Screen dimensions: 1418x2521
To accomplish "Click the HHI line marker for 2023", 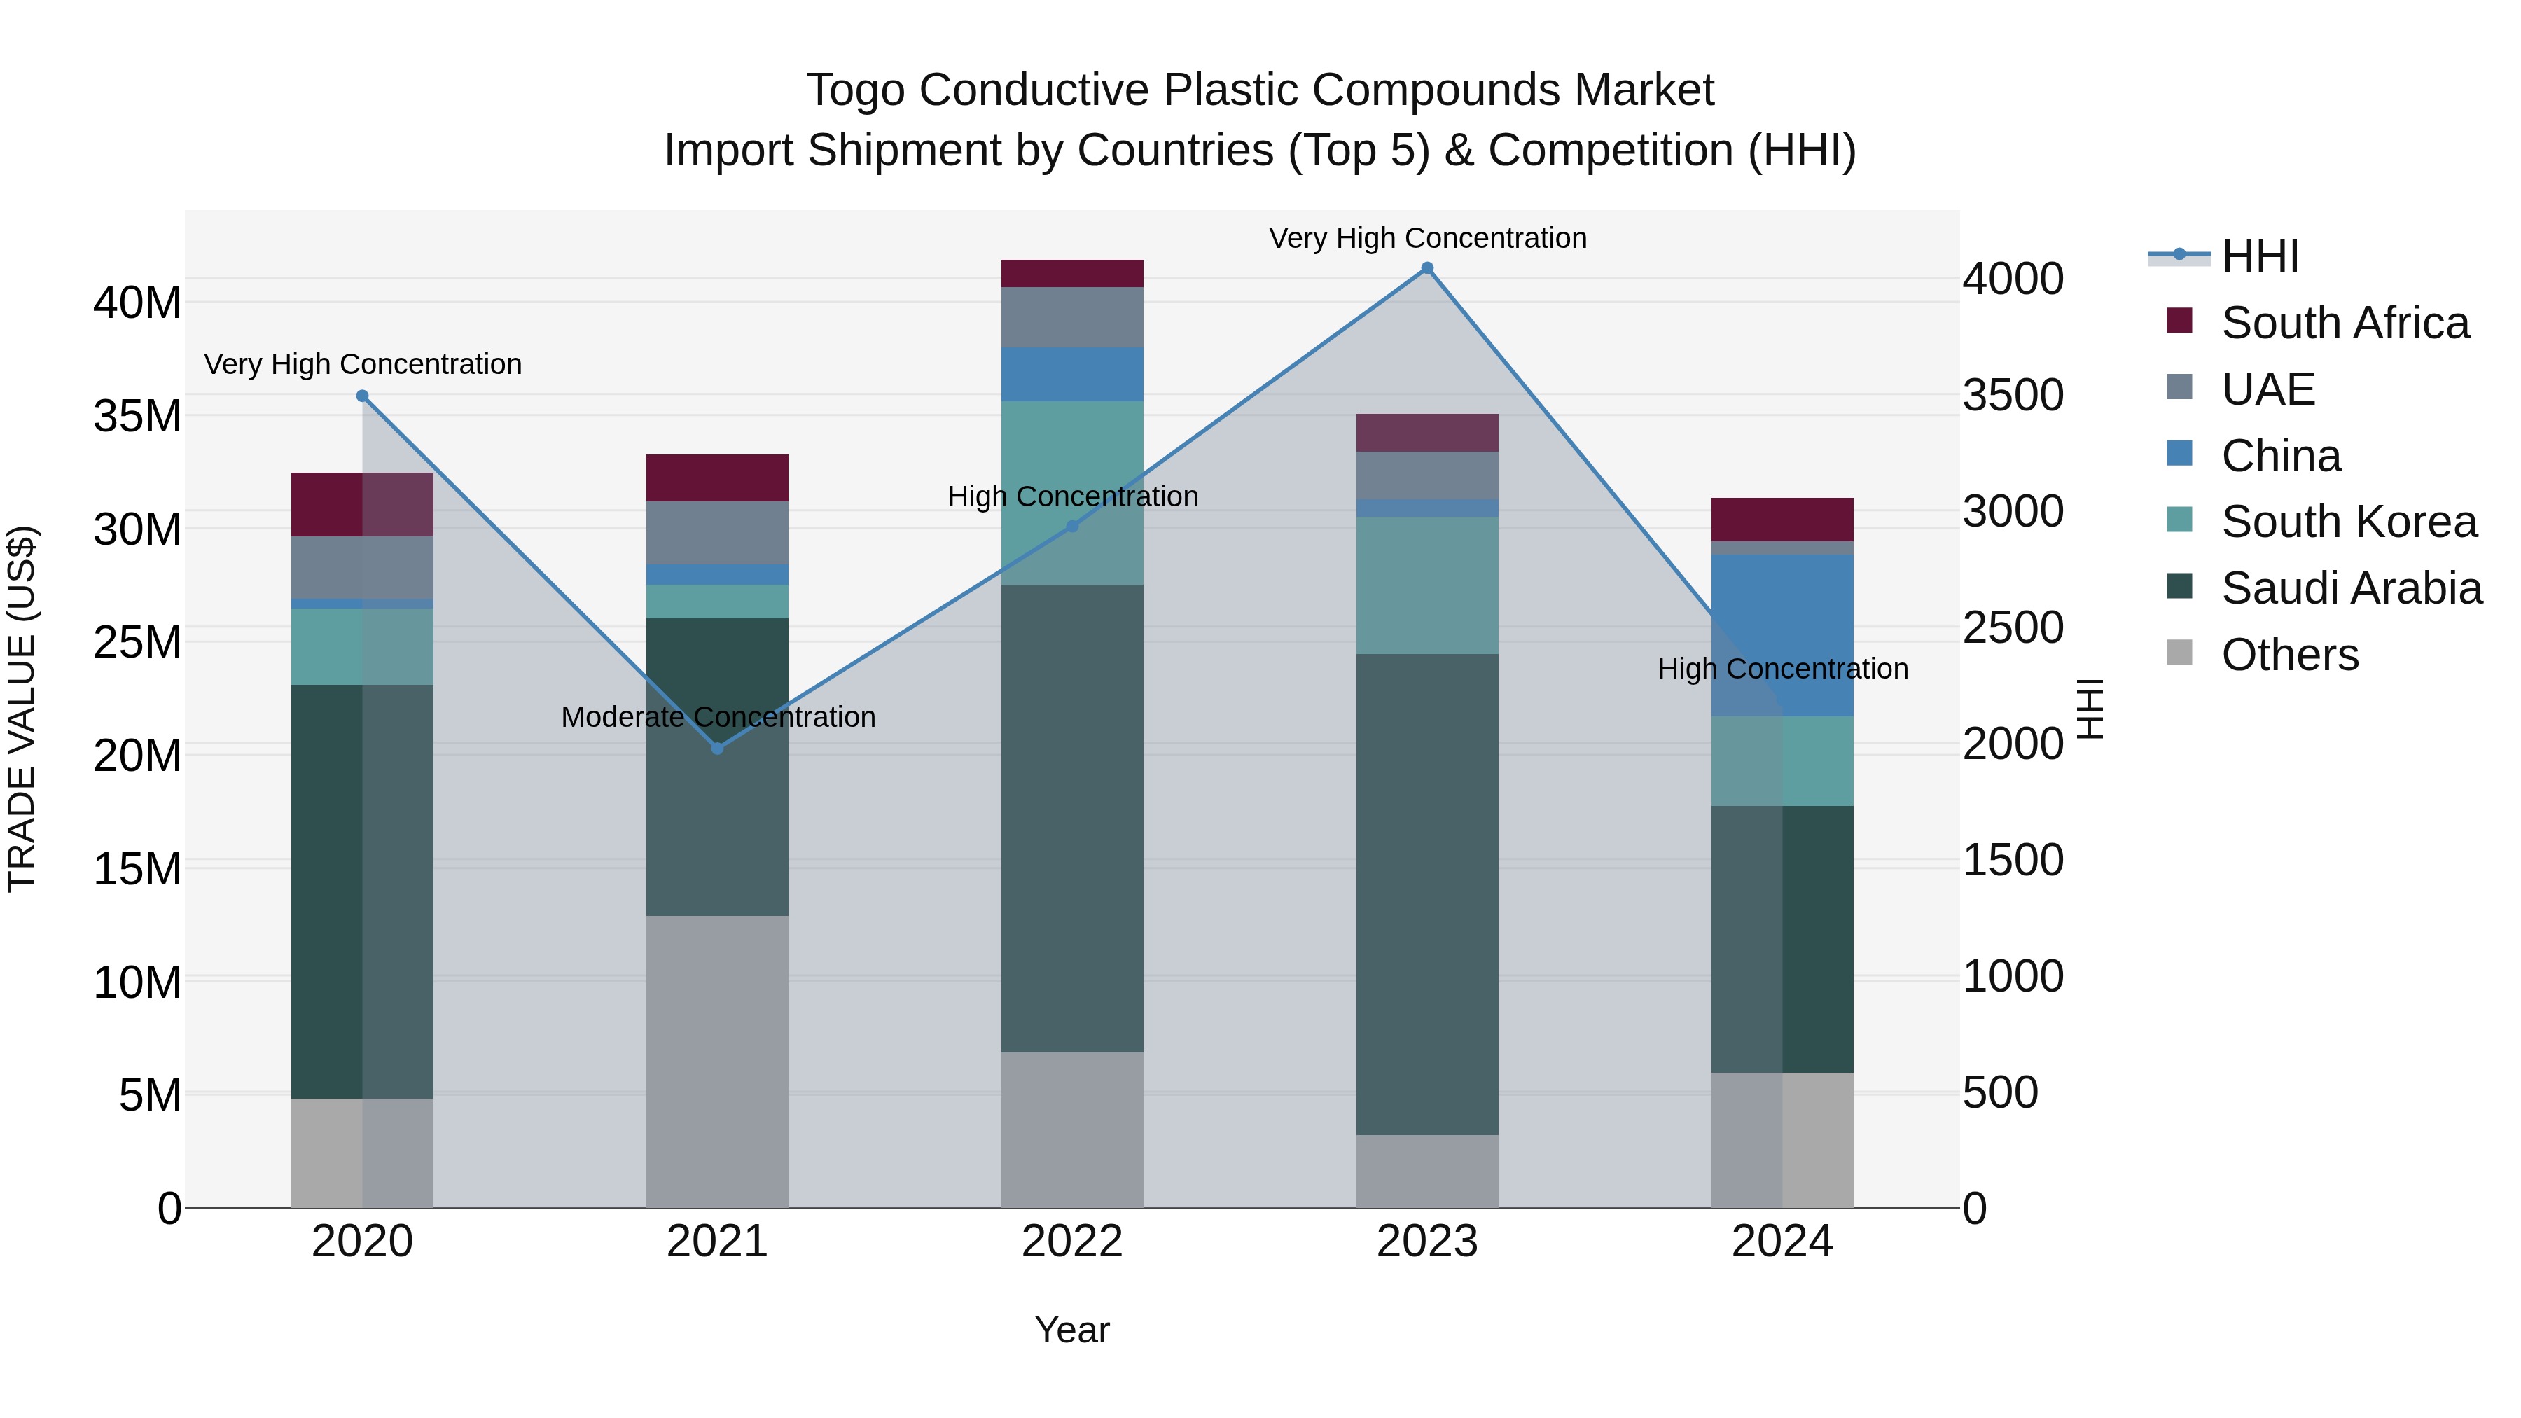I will [1427, 268].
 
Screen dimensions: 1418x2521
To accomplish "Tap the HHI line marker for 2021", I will [717, 749].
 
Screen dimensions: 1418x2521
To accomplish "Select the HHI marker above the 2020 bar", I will [362, 396].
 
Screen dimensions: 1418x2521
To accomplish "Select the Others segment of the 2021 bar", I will [717, 1061].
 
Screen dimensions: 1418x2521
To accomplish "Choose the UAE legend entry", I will [2267, 389].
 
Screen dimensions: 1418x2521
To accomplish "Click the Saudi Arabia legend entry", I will [2351, 588].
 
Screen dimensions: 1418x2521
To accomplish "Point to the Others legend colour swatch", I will [2179, 653].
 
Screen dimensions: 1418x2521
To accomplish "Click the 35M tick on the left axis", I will [137, 416].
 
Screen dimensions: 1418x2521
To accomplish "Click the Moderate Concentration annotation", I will [717, 717].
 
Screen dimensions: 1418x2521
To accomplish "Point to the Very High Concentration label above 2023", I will [1427, 238].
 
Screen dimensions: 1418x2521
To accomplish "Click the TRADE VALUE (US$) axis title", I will [22, 709].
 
